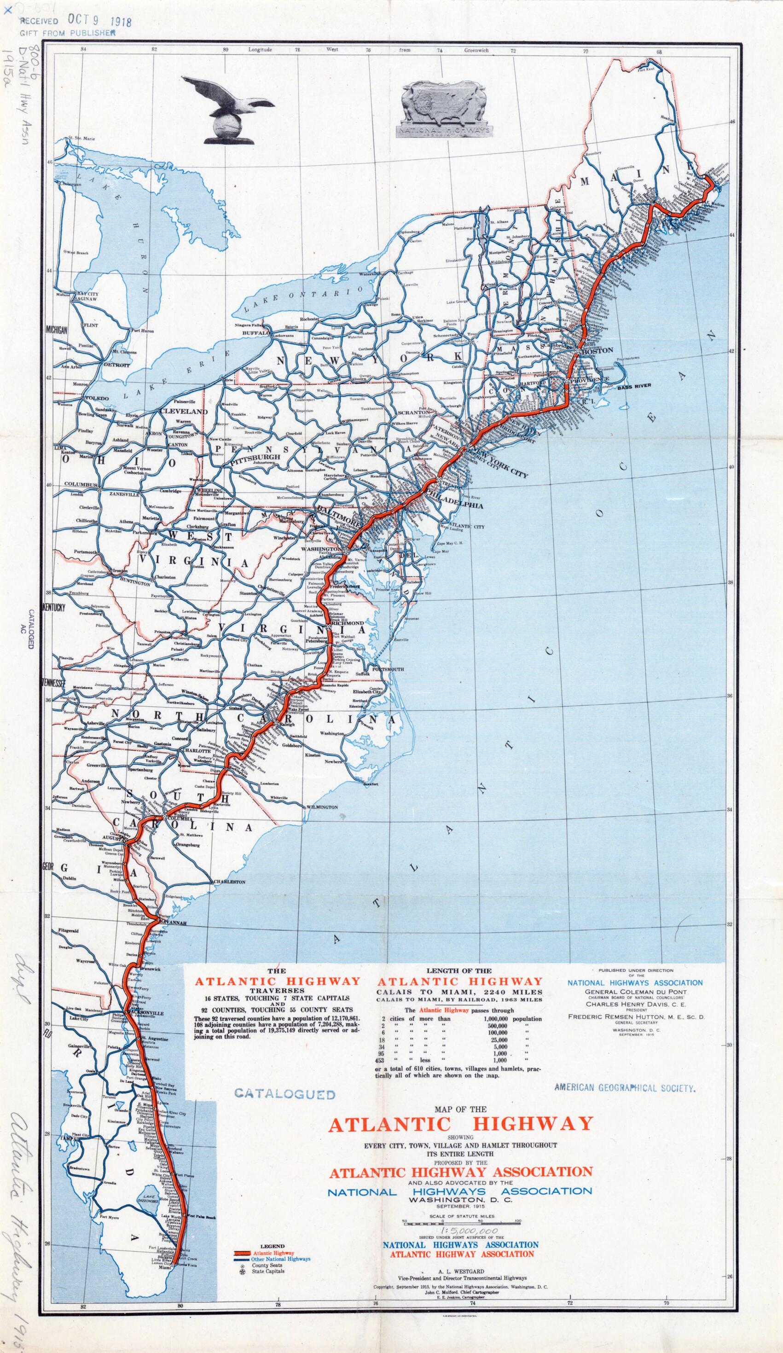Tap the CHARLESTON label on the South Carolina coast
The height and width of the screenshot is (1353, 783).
[x=229, y=882]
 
